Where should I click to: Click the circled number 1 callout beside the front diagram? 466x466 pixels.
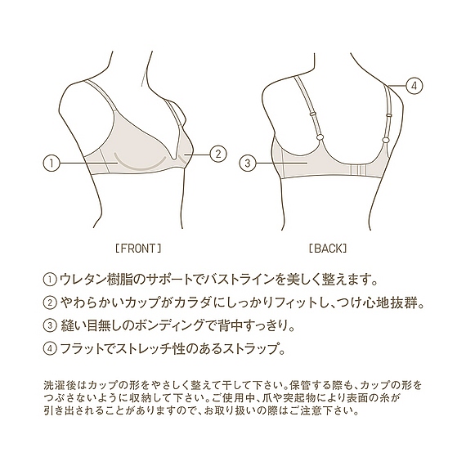[52, 164]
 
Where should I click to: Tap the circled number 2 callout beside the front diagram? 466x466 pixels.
[218, 154]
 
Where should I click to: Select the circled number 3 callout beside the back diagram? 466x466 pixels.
[248, 164]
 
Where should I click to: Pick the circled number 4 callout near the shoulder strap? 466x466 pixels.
[414, 86]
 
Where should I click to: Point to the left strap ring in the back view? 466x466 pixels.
[320, 137]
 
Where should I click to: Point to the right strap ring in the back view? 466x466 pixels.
[384, 139]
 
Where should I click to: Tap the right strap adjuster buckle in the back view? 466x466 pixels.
[388, 114]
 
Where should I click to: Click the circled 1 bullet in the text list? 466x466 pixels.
[49, 280]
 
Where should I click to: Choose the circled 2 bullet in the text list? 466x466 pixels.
[49, 302]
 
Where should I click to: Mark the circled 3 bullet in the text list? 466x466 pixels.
[49, 326]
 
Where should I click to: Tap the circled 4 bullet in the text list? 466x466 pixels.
[49, 349]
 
